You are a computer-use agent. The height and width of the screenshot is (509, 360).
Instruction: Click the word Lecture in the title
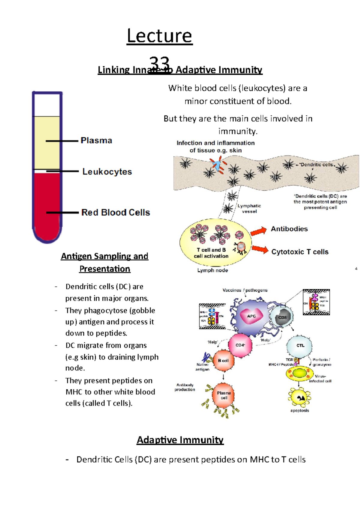(x=159, y=36)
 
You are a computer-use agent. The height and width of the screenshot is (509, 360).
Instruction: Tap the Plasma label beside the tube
(x=96, y=140)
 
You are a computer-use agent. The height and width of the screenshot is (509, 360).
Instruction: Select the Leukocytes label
(x=107, y=171)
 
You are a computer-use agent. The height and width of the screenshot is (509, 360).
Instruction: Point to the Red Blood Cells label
(x=115, y=212)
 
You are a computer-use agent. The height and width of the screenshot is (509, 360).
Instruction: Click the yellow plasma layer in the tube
(x=47, y=142)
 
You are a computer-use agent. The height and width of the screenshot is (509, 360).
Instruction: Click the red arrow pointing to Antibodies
(x=259, y=231)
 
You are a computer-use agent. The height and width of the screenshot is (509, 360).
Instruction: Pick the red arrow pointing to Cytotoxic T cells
(x=260, y=249)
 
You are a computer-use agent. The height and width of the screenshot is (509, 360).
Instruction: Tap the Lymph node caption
(x=212, y=270)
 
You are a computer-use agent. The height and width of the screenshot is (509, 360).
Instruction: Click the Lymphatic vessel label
(x=249, y=208)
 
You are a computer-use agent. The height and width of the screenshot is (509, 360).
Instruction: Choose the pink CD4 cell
(x=240, y=345)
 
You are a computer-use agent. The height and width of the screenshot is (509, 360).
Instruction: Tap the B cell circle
(x=223, y=361)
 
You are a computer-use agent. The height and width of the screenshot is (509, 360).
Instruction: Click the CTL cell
(x=300, y=346)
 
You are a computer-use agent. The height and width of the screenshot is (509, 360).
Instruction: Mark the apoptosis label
(x=299, y=410)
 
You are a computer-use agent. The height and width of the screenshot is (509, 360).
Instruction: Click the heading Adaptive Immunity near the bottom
(x=180, y=440)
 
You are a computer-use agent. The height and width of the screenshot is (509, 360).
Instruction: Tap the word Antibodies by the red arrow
(x=289, y=229)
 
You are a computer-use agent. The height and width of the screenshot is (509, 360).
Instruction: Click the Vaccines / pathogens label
(x=245, y=290)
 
